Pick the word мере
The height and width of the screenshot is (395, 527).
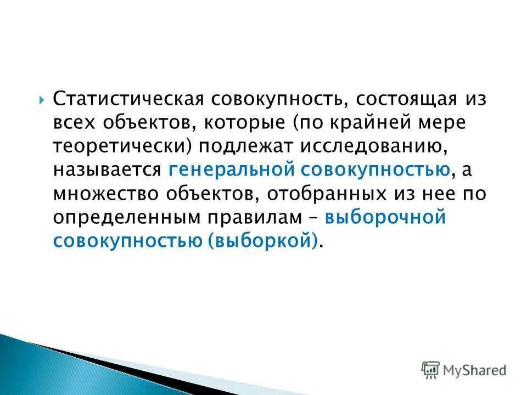click(444, 123)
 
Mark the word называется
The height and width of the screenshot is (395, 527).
click(107, 171)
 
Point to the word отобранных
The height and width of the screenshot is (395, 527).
click(302, 194)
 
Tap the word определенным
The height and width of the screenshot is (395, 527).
click(126, 218)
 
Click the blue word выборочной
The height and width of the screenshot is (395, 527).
click(384, 218)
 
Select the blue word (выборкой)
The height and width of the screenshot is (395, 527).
click(263, 241)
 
